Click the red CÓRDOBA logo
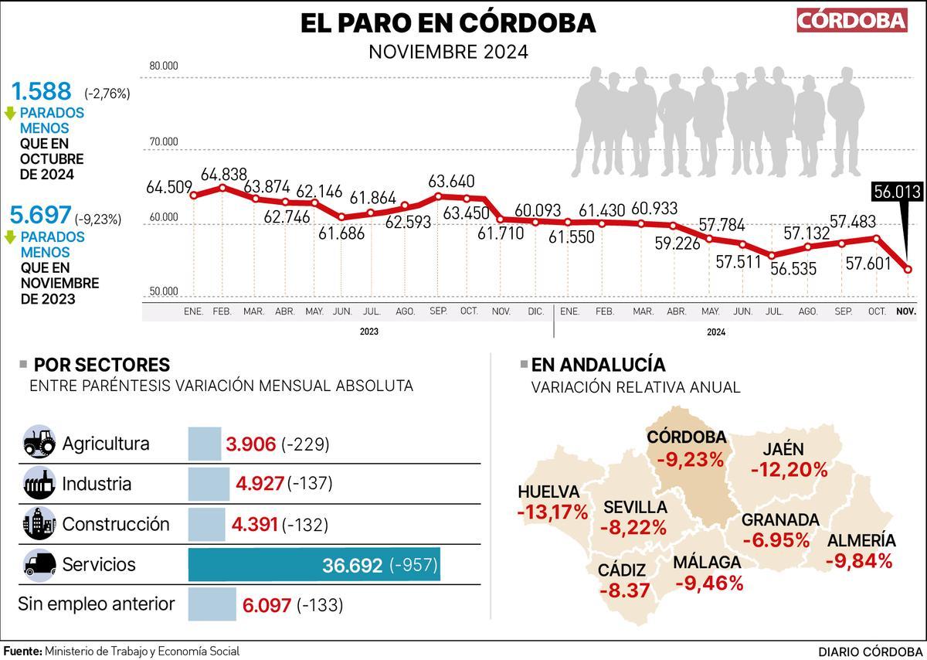click(852, 20)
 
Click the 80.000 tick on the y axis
click(164, 66)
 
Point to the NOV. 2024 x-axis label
click(905, 311)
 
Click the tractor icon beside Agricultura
click(39, 444)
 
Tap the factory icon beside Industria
click(39, 484)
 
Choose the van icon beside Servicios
click(39, 564)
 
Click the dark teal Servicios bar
click(314, 565)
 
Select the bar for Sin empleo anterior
click(212, 604)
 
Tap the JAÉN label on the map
click(783, 449)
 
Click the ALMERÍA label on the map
click(861, 541)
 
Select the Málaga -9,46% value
click(708, 583)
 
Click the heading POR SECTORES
click(102, 365)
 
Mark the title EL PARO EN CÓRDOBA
click(448, 23)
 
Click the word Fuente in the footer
click(22, 651)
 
